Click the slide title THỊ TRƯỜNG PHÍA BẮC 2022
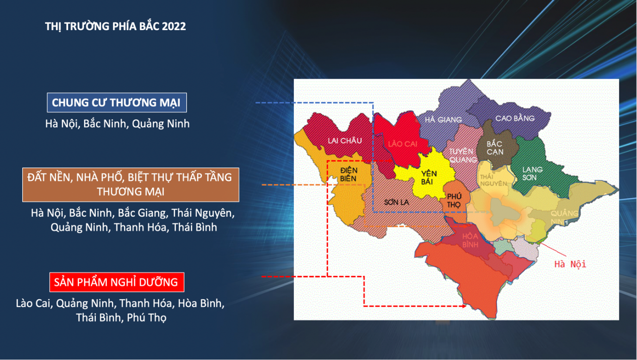(x=115, y=26)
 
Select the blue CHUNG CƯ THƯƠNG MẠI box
(x=117, y=103)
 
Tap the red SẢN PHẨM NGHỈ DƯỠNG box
(x=117, y=282)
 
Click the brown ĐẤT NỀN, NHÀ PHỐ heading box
(x=131, y=185)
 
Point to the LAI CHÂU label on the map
(x=345, y=141)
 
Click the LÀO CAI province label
(x=403, y=144)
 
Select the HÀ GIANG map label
(x=443, y=120)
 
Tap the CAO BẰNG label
(x=515, y=118)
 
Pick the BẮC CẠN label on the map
(x=494, y=148)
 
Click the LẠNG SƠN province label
(x=532, y=174)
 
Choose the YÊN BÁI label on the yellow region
(x=428, y=177)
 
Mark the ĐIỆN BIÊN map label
(x=349, y=174)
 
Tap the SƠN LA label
(x=396, y=202)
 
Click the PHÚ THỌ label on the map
(x=454, y=200)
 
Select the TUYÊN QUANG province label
(x=462, y=155)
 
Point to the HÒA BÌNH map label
(x=470, y=240)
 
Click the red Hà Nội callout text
(x=570, y=265)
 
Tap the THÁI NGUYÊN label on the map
(x=493, y=180)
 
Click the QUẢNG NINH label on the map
(x=564, y=217)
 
